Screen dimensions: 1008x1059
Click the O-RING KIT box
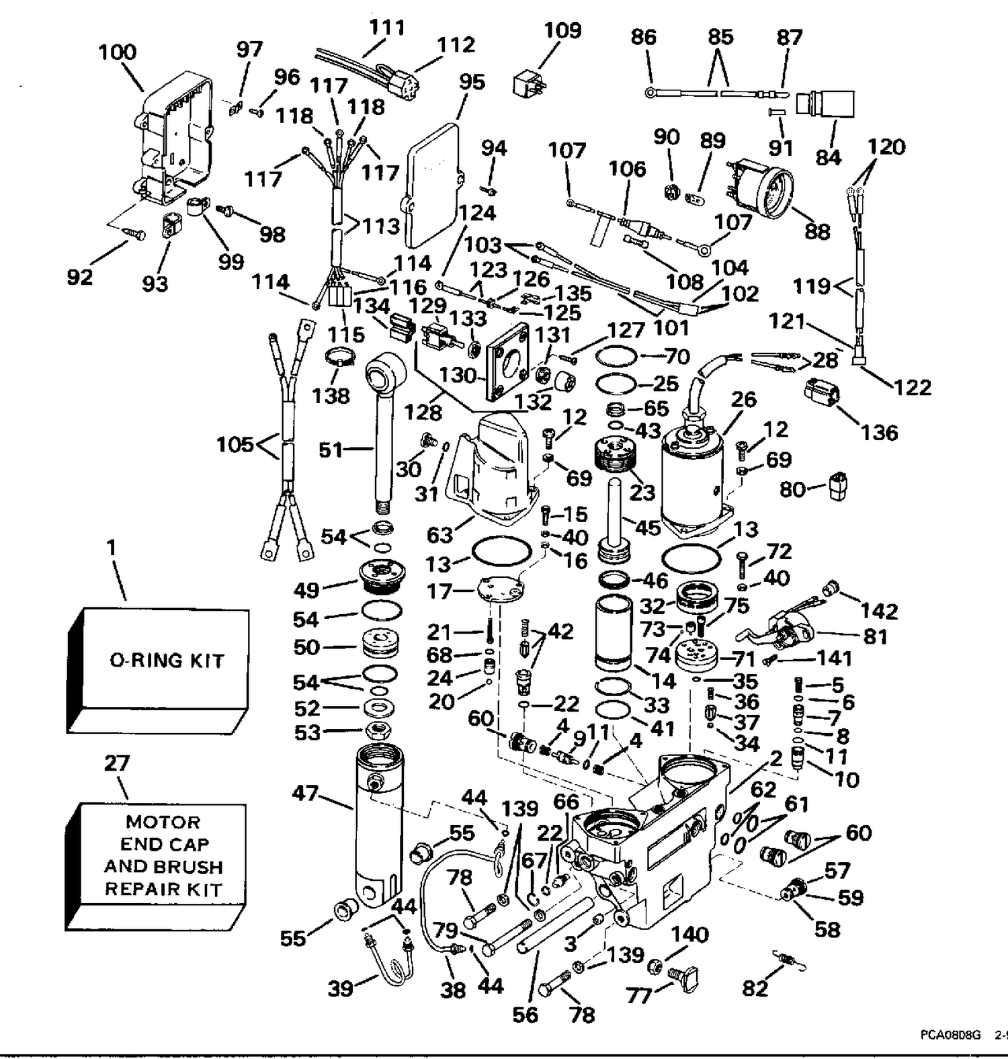pyautogui.click(x=158, y=670)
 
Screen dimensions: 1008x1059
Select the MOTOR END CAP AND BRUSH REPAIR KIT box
pyautogui.click(x=156, y=867)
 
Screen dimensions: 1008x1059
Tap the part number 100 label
pyautogui.click(x=118, y=52)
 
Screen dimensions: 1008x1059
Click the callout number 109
pyautogui.click(x=562, y=30)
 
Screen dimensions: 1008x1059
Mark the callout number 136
pyautogui.click(x=880, y=432)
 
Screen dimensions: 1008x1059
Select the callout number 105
pyautogui.click(x=235, y=445)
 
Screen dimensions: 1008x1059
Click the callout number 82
pyautogui.click(x=755, y=988)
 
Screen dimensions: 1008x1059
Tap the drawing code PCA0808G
pyautogui.click(x=951, y=1035)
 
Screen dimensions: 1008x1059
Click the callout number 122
pyautogui.click(x=913, y=387)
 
